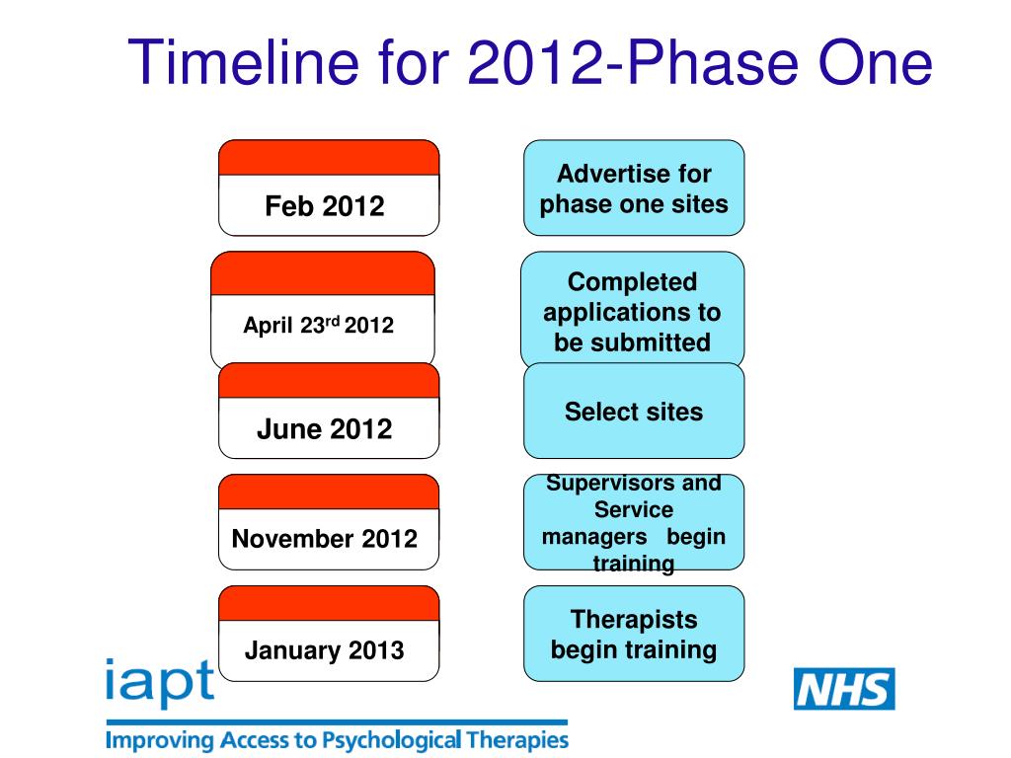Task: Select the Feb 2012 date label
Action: point(325,206)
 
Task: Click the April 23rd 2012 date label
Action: point(318,326)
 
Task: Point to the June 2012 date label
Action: point(324,429)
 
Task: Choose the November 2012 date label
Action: point(324,539)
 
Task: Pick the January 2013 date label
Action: point(324,650)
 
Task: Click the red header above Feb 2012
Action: point(328,158)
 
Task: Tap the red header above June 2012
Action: point(328,381)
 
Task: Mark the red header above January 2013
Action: point(328,603)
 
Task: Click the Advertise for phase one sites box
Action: point(634,189)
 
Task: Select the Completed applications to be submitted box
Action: point(633,312)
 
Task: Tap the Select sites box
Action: point(634,412)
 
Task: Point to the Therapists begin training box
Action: point(634,635)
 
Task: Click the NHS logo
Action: point(844,689)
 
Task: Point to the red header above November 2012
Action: point(328,492)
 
